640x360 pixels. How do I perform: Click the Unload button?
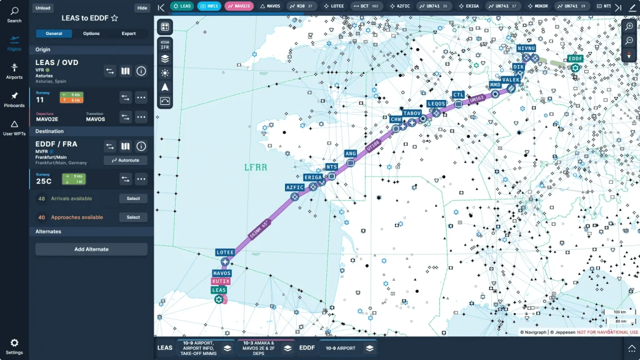pyautogui.click(x=43, y=8)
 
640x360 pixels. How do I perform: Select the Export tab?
pyautogui.click(x=129, y=33)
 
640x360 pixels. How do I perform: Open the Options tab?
pyautogui.click(x=91, y=33)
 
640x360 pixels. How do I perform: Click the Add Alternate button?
pyautogui.click(x=91, y=249)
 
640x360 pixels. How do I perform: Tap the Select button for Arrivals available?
pyautogui.click(x=133, y=199)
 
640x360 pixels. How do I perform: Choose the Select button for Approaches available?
pyautogui.click(x=133, y=217)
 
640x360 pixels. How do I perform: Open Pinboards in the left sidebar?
pyautogui.click(x=14, y=99)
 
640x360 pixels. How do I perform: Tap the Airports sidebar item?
pyautogui.click(x=14, y=71)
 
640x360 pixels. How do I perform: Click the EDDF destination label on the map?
pyautogui.click(x=575, y=59)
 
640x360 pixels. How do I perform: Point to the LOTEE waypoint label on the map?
pyautogui.click(x=225, y=252)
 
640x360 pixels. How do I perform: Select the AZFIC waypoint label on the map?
pyautogui.click(x=294, y=187)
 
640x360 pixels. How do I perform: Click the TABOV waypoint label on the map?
pyautogui.click(x=412, y=113)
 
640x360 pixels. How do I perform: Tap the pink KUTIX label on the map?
pyautogui.click(x=221, y=281)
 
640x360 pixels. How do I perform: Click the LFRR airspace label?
pyautogui.click(x=256, y=167)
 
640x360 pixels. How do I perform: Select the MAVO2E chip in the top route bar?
pyautogui.click(x=239, y=6)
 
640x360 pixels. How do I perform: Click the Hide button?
pyautogui.click(x=142, y=8)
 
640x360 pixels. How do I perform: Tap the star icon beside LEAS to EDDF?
pyautogui.click(x=114, y=18)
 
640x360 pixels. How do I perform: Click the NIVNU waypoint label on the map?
pyautogui.click(x=526, y=48)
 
